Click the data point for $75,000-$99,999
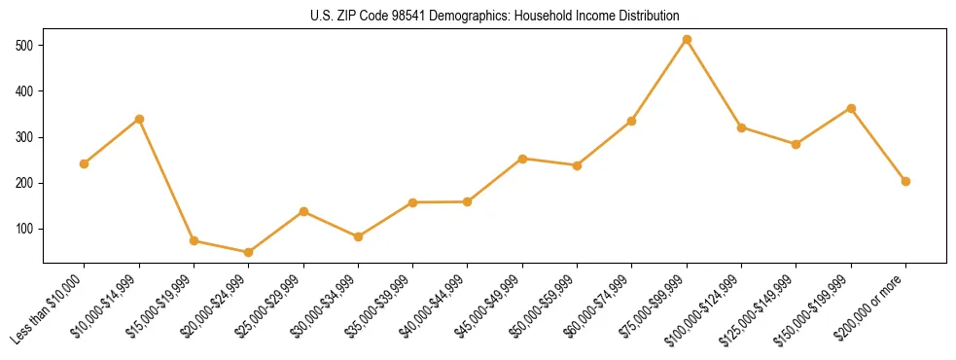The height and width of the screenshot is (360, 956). [687, 39]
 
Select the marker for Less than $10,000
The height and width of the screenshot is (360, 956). [85, 163]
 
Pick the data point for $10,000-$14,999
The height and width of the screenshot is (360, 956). [139, 119]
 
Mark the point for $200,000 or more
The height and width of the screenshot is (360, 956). [905, 181]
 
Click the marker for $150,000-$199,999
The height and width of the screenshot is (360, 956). [851, 108]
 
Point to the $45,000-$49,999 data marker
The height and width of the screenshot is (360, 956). [522, 159]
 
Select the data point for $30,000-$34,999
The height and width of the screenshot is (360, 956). [358, 236]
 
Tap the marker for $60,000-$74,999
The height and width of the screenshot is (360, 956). [632, 121]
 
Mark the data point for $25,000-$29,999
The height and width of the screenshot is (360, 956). [303, 211]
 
